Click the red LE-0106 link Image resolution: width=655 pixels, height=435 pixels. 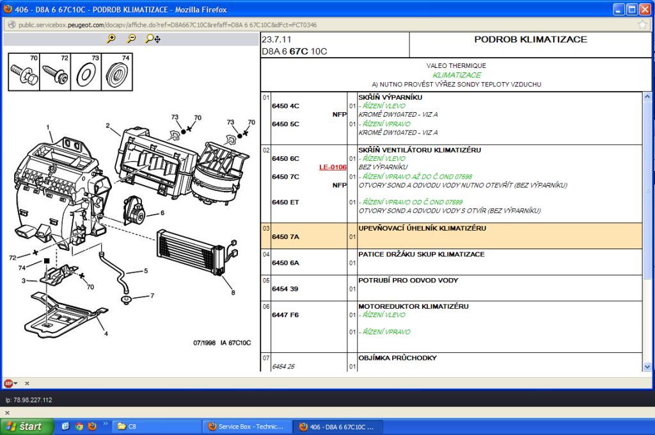pyautogui.click(x=333, y=167)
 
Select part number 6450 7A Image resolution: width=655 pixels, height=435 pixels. pyautogui.click(x=285, y=237)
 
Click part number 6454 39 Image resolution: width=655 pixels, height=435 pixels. pyautogui.click(x=285, y=289)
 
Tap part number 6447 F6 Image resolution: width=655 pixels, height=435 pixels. pyautogui.click(x=285, y=315)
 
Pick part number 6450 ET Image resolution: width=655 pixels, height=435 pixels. pyautogui.click(x=285, y=202)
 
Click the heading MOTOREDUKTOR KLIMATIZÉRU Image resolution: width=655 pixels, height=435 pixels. pyautogui.click(x=413, y=306)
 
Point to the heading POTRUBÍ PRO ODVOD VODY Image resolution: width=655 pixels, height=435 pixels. pyautogui.click(x=408, y=280)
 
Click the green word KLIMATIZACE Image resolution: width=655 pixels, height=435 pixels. pyautogui.click(x=457, y=76)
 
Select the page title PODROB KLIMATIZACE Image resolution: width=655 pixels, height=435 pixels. pyautogui.click(x=530, y=39)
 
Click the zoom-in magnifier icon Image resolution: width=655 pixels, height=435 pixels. pyautogui.click(x=111, y=39)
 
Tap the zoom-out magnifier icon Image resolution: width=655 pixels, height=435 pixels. pyautogui.click(x=132, y=39)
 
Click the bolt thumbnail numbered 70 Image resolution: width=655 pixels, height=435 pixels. pyautogui.click(x=24, y=72)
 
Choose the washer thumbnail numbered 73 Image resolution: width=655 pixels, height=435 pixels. pyautogui.click(x=86, y=72)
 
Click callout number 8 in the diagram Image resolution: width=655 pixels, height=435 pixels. pyautogui.click(x=233, y=293)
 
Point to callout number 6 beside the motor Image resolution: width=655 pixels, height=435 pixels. pyautogui.click(x=162, y=213)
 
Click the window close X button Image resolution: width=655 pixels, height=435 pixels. pyautogui.click(x=645, y=9)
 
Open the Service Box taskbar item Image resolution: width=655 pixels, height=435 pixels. pyautogui.click(x=246, y=427)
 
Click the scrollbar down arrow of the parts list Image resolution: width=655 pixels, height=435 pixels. pyautogui.click(x=647, y=367)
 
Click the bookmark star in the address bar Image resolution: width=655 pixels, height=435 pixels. pyautogui.click(x=642, y=25)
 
